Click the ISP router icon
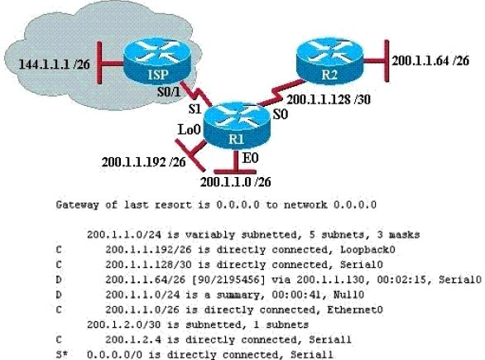pos(157,61)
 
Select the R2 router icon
pos(329,61)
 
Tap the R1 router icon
pos(237,126)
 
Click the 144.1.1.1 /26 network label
pos(55,65)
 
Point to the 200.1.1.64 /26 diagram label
pos(430,60)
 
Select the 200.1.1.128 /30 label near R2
pos(329,99)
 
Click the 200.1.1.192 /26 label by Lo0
pos(144,162)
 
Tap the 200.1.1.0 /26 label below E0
pos(236,182)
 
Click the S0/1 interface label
pos(169,92)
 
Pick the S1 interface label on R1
pos(195,108)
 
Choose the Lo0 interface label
pos(190,130)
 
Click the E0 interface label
pos(251,158)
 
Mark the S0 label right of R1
pos(281,115)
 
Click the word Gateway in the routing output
pos(77,205)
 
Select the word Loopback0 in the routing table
pos(367,250)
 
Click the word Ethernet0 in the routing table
pos(355,310)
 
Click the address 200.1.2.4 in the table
pos(133,339)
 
